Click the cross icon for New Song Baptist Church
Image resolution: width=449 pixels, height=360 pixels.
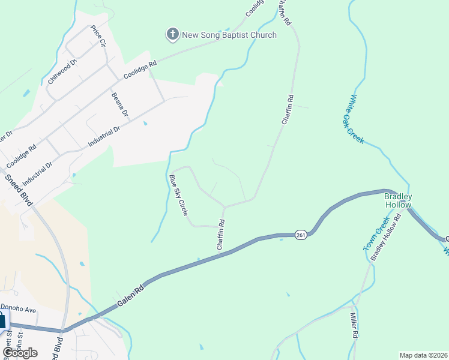pyautogui.click(x=172, y=35)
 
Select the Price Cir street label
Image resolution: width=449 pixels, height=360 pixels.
pyautogui.click(x=98, y=37)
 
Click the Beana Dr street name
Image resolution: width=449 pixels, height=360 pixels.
pyautogui.click(x=120, y=104)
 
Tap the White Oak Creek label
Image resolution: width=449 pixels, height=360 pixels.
pyautogui.click(x=357, y=118)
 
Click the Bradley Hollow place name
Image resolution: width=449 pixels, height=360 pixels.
pyautogui.click(x=398, y=200)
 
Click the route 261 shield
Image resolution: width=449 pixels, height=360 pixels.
pyautogui.click(x=301, y=235)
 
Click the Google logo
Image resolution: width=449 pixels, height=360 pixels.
pyautogui.click(x=20, y=352)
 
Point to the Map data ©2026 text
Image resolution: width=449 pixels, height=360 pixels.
pyautogui.click(x=423, y=355)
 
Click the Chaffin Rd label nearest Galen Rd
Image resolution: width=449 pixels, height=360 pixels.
pyautogui.click(x=221, y=235)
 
